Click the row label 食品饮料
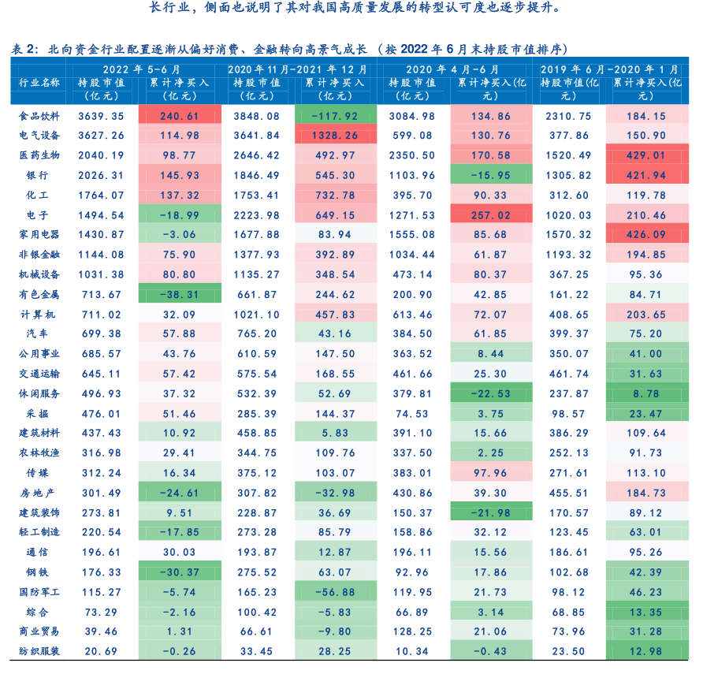click(39, 116)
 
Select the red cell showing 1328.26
click(335, 136)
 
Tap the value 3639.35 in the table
click(101, 116)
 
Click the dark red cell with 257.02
click(489, 215)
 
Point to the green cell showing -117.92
click(335, 116)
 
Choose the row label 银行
click(39, 175)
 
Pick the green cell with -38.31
click(178, 294)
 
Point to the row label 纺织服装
click(39, 651)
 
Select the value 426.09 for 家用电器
click(645, 235)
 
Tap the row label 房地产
click(39, 493)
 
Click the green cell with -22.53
click(489, 393)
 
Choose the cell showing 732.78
click(335, 195)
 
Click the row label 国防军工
click(39, 591)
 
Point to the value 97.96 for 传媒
click(489, 473)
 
